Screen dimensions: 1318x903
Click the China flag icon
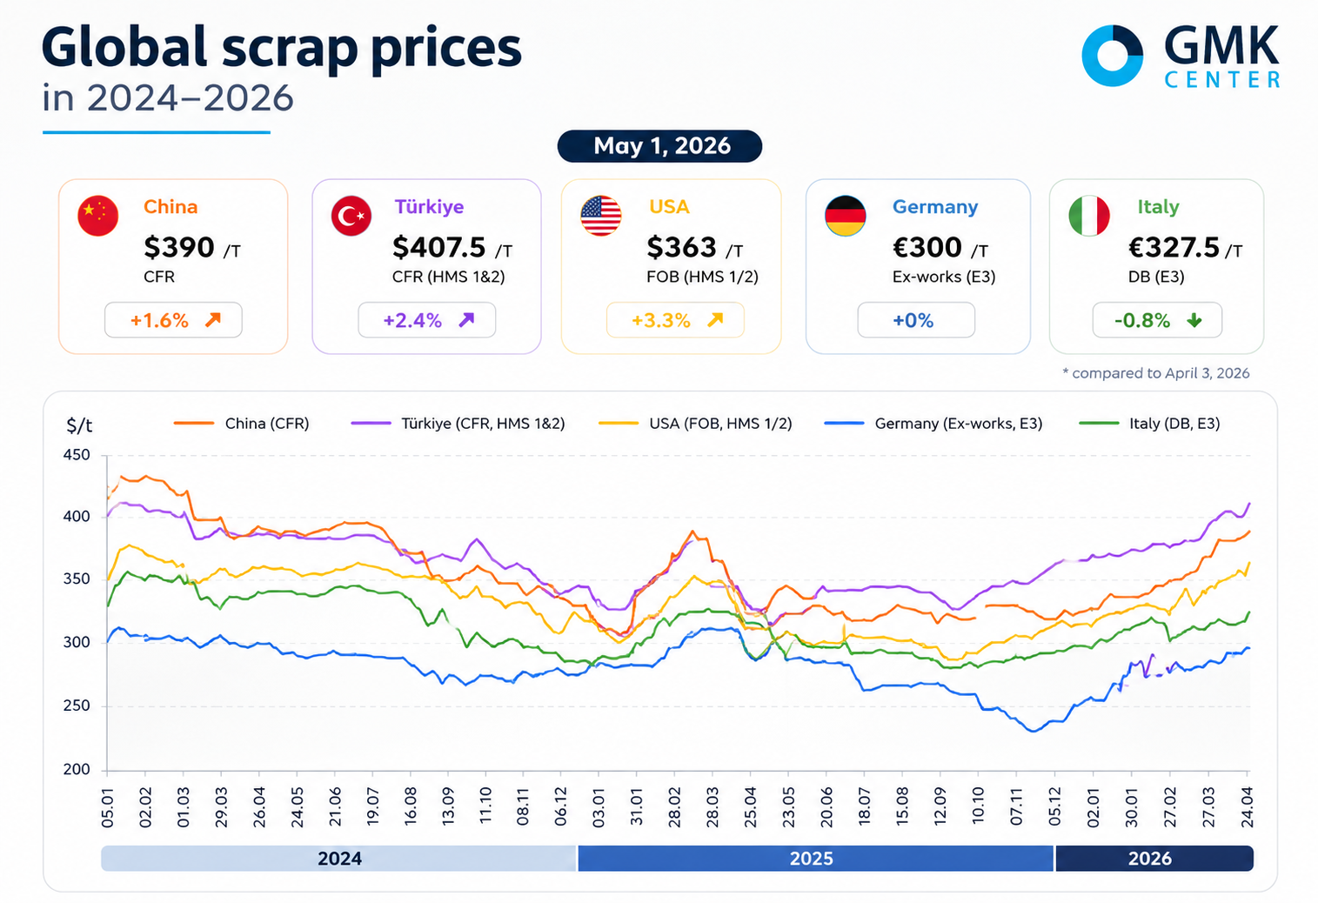point(97,215)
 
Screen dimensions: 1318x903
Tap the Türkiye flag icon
point(351,215)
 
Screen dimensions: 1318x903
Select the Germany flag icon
point(845,215)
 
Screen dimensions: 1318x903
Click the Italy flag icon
point(1089,215)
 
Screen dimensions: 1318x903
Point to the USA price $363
point(681,247)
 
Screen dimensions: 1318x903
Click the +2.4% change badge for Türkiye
point(426,320)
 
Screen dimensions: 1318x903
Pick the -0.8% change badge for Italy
point(1157,320)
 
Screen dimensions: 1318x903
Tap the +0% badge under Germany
point(915,320)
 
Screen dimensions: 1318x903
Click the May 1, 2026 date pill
point(659,146)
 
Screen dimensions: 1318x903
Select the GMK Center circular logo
point(1113,56)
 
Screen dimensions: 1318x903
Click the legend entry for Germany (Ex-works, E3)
point(933,424)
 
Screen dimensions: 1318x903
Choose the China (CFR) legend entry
point(241,424)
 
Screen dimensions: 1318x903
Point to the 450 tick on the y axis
point(77,455)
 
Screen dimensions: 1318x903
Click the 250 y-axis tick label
point(77,706)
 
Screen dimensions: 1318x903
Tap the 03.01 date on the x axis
point(599,807)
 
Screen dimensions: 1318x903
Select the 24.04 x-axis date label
point(1247,807)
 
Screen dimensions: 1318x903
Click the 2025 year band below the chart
point(815,859)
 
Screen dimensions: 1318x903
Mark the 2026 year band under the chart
point(1154,859)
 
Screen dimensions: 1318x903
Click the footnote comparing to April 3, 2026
point(1155,373)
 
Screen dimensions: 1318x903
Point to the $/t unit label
point(79,425)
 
